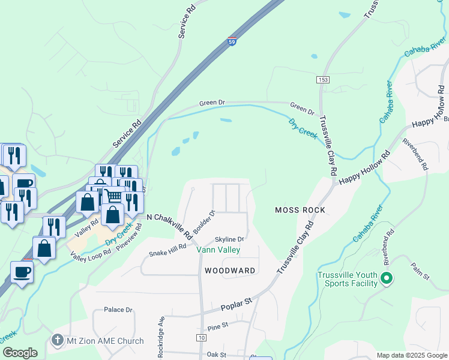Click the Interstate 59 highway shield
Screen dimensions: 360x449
[232, 41]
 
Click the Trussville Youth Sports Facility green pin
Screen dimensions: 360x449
[387, 278]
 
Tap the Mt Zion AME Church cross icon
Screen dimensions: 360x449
[58, 340]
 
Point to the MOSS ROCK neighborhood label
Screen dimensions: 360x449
[300, 210]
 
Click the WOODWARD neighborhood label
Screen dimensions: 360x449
[230, 271]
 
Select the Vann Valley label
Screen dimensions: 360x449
[220, 250]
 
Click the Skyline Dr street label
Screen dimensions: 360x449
[230, 239]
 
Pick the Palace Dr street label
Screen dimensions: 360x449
[118, 310]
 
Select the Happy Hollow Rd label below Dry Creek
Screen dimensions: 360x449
[364, 168]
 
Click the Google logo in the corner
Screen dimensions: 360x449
[20, 353]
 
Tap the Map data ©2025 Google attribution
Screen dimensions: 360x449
[412, 355]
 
